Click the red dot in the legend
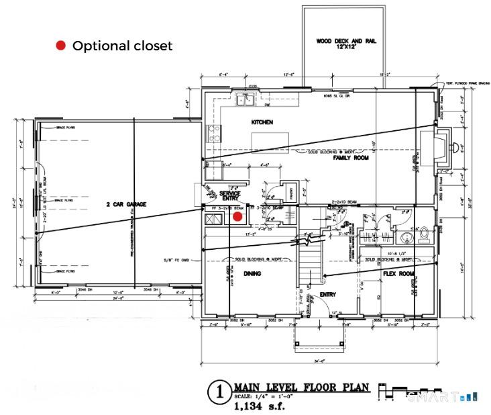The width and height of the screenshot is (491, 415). (x=60, y=46)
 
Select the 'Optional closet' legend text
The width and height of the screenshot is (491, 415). (x=122, y=46)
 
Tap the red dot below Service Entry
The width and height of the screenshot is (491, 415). (x=237, y=216)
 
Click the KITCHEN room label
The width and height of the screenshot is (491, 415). (x=261, y=122)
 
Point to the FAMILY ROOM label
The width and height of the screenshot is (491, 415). (x=351, y=158)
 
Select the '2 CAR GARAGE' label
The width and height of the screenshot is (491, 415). (x=126, y=203)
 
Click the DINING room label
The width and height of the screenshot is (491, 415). (x=252, y=273)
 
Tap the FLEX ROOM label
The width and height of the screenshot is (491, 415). (x=397, y=273)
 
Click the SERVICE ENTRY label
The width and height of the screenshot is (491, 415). (x=230, y=195)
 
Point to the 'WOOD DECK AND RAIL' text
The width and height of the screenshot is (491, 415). (x=346, y=42)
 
